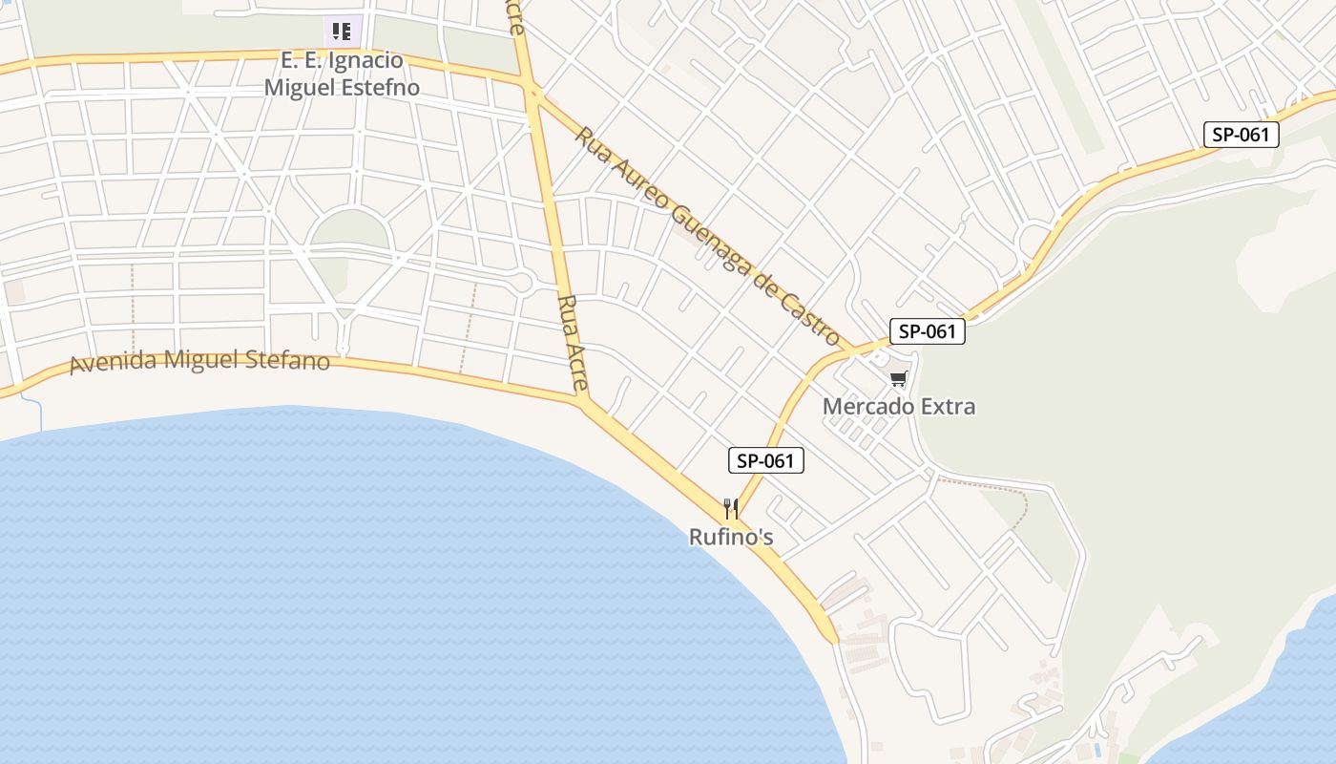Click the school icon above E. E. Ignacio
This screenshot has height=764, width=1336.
coord(342,32)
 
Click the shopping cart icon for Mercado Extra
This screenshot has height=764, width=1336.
coord(898,379)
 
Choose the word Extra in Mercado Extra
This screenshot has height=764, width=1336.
coord(942,407)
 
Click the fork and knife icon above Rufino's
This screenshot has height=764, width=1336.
coord(731,508)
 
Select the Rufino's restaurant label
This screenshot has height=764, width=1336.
coord(731,538)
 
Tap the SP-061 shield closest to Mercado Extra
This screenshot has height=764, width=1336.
coord(928,331)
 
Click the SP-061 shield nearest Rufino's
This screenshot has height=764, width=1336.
coord(766,461)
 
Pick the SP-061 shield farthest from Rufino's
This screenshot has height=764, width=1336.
coord(1241,135)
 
